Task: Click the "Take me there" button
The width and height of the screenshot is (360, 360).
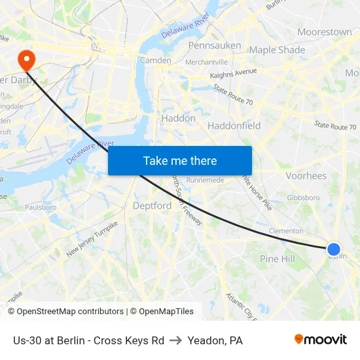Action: tap(179, 160)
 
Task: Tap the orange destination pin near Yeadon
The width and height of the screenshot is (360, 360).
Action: tap(27, 60)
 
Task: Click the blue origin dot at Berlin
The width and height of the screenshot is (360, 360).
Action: tap(334, 249)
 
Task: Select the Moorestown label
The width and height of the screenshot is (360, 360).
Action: tap(324, 31)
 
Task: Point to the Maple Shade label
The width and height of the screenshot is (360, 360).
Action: tap(277, 50)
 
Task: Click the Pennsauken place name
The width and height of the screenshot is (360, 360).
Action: tap(215, 46)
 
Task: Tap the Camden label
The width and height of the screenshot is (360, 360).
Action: tap(156, 60)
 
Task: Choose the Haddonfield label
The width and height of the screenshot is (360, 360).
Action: tap(234, 126)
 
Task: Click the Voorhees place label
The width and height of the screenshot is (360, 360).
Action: tap(306, 176)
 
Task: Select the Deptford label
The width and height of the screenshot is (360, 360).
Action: tap(152, 206)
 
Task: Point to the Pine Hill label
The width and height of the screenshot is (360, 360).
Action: tap(278, 259)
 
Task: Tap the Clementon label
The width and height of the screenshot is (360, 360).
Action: tap(286, 231)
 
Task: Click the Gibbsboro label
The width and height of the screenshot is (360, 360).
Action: tap(303, 197)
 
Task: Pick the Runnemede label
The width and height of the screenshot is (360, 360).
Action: tap(206, 180)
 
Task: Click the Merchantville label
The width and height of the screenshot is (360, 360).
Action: tap(206, 62)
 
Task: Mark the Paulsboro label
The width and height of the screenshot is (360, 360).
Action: tap(41, 207)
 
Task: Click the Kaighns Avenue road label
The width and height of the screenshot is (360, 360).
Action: tap(234, 73)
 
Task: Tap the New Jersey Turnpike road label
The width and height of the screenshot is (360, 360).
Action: tap(92, 239)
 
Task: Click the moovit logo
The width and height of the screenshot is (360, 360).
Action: tap(320, 339)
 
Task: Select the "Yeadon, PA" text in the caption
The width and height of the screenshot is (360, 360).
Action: tap(215, 340)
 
